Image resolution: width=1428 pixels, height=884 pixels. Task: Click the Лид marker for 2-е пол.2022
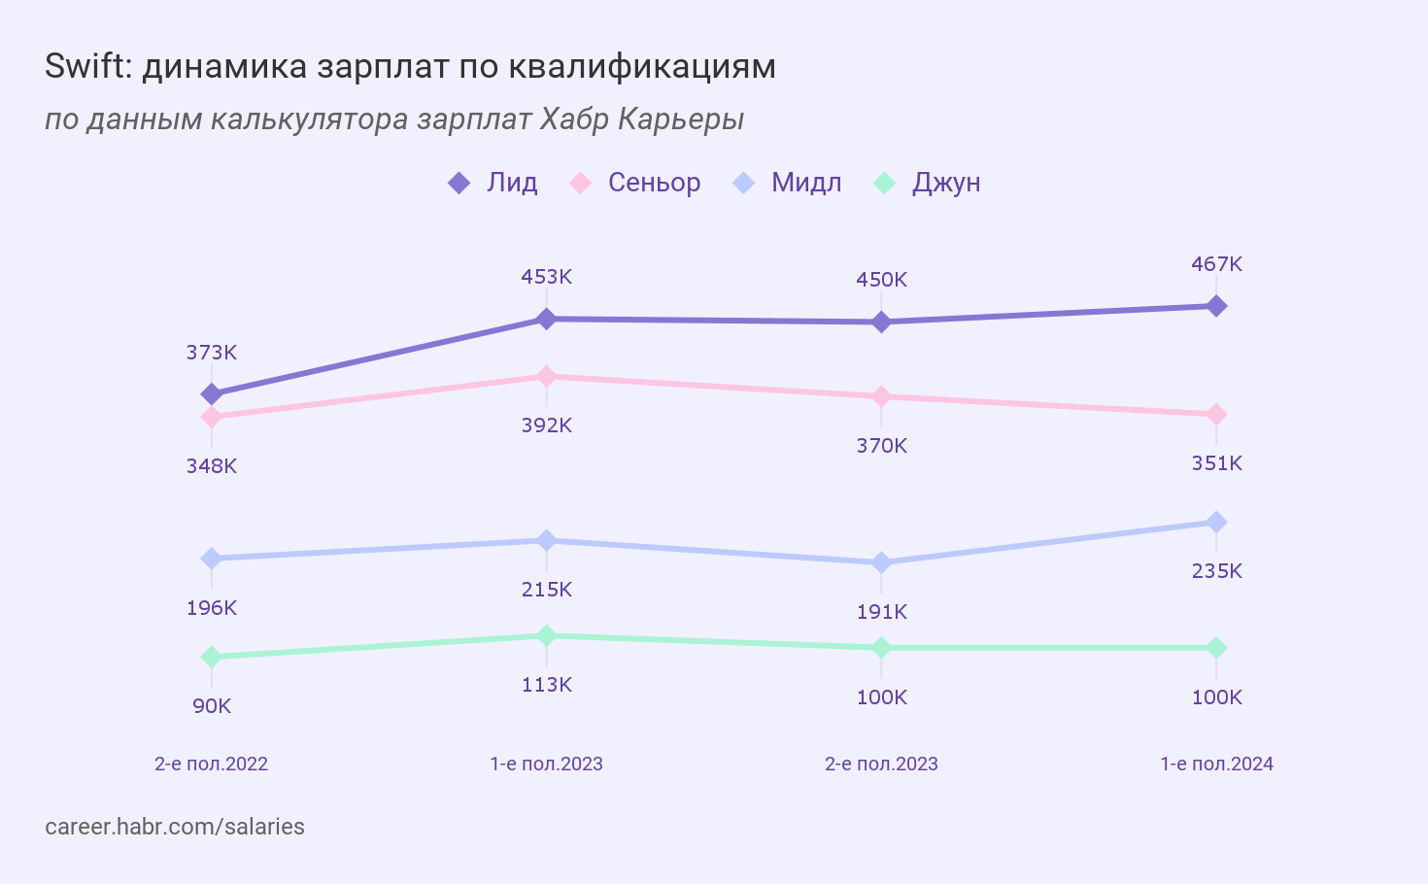(211, 394)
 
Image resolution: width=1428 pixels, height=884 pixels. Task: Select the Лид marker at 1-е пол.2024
(1216, 306)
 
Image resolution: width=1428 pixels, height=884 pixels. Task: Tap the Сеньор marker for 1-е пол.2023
(546, 376)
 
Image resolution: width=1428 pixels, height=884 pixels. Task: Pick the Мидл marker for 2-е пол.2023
(881, 562)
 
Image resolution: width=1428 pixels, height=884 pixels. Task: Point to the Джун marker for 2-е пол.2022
(211, 658)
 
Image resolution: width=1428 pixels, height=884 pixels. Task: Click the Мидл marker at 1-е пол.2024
(1216, 523)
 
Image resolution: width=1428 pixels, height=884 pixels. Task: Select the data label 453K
(546, 277)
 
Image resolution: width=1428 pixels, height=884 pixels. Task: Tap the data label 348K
(211, 466)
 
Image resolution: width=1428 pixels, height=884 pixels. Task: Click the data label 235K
(1216, 571)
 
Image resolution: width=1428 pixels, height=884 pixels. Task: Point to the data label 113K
(546, 685)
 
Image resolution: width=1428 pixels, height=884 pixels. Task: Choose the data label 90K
(211, 706)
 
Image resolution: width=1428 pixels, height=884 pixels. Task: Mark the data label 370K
(881, 446)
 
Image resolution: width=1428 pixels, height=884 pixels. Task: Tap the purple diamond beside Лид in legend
(459, 183)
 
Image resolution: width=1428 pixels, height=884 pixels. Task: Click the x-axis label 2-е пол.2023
(881, 764)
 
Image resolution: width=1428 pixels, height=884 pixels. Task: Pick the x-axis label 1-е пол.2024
(1216, 764)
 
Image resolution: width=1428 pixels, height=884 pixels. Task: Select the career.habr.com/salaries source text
(175, 827)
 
